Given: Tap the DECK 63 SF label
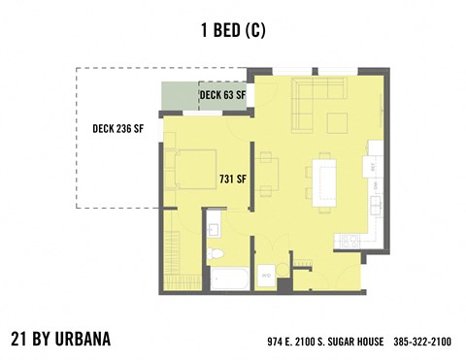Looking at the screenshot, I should tap(222, 95).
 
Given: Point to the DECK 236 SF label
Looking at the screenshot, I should tap(117, 128).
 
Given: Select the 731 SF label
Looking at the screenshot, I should tap(232, 180).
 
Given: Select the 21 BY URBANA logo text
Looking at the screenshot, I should tap(61, 339).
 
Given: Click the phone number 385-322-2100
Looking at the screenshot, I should tap(421, 343).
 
